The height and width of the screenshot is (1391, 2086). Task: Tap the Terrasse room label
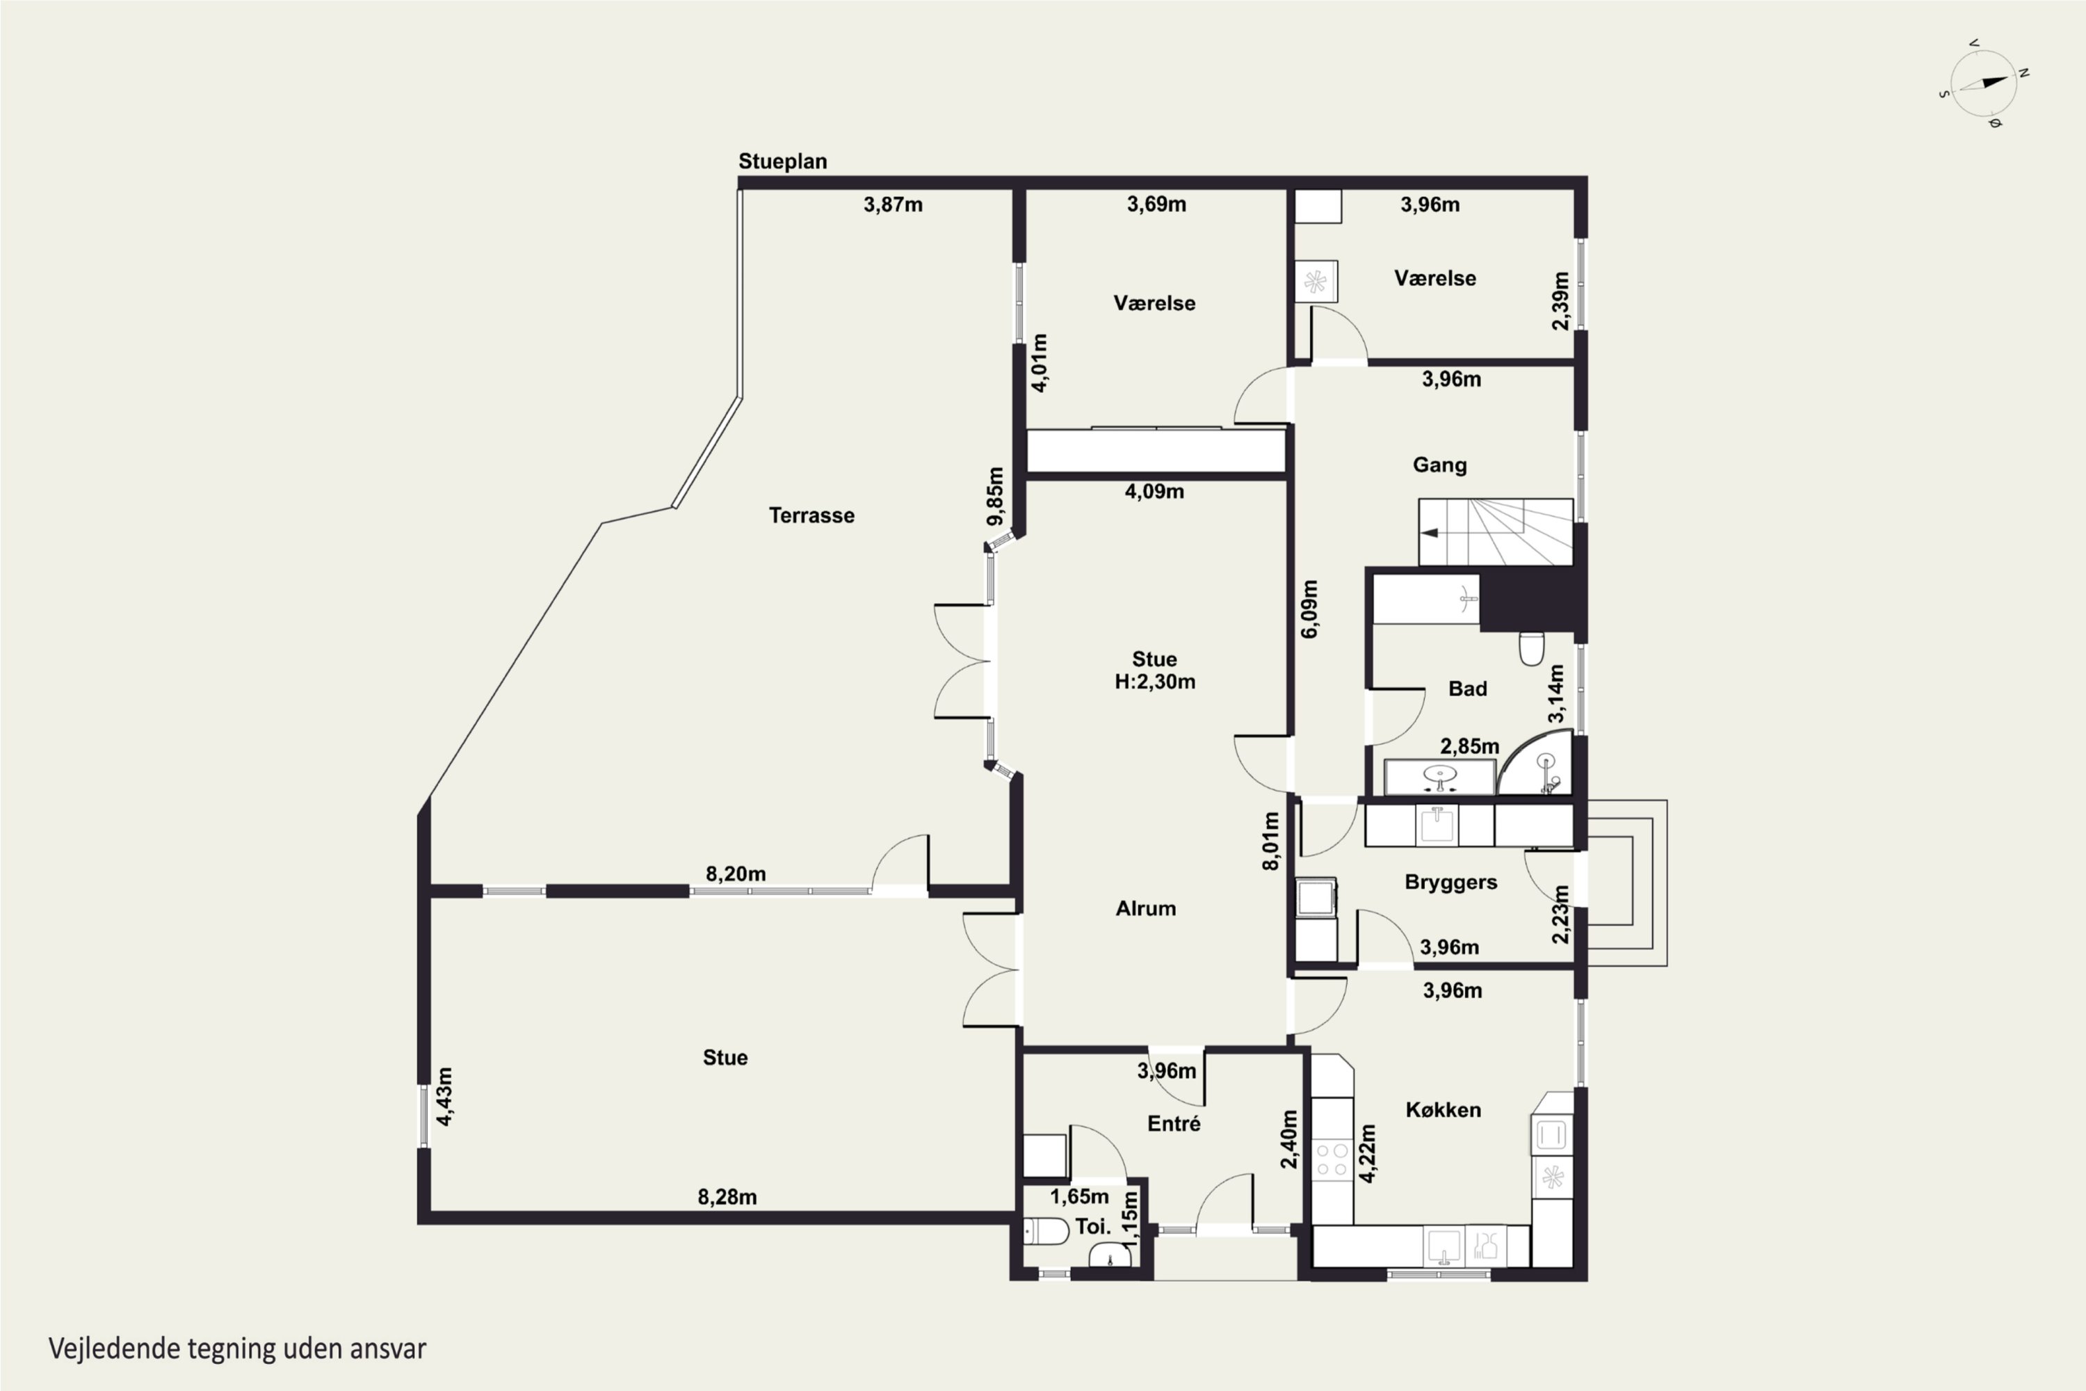(x=811, y=515)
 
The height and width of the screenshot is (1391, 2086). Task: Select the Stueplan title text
(x=782, y=161)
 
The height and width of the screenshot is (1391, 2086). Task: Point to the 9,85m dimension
(x=995, y=497)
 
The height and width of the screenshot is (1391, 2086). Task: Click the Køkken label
(x=1443, y=1110)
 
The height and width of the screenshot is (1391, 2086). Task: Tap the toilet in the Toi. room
(x=1046, y=1231)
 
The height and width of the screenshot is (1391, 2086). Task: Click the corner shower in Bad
(x=1535, y=763)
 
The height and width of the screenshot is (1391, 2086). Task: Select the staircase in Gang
(x=1496, y=531)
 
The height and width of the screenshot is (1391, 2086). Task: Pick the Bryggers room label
(x=1451, y=882)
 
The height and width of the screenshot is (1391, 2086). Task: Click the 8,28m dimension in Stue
(x=727, y=1197)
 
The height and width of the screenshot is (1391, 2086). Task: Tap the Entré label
(x=1174, y=1124)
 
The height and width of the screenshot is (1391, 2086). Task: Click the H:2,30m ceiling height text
(x=1155, y=682)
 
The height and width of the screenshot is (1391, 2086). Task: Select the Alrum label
(x=1146, y=908)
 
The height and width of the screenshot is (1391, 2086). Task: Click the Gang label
(x=1439, y=465)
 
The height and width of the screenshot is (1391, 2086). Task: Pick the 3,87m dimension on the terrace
(x=893, y=205)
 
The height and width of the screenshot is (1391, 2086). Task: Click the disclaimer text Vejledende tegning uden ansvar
(x=237, y=1349)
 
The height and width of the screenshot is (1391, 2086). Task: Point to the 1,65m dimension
(x=1078, y=1197)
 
